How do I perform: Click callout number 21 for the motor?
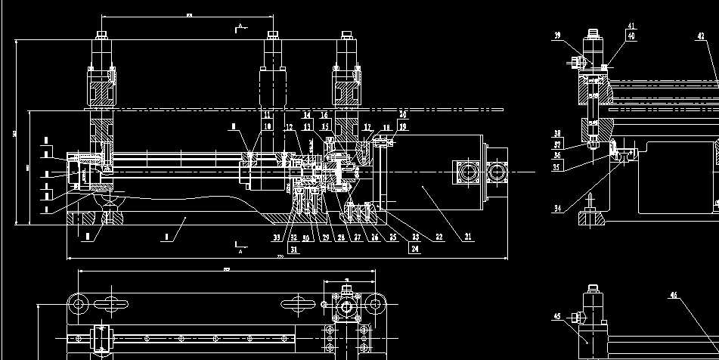click(468, 237)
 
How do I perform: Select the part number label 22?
click(438, 237)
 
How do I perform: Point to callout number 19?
click(403, 126)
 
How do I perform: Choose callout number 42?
click(700, 36)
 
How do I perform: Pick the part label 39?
click(557, 36)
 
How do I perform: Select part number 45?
click(557, 316)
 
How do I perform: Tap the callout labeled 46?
click(673, 295)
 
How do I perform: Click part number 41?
click(631, 26)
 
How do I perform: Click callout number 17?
click(367, 126)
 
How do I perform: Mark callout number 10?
click(268, 126)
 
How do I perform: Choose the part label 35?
click(556, 168)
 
